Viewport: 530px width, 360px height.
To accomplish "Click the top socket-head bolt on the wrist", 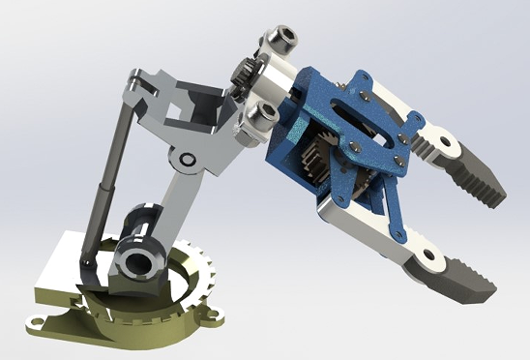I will click(x=280, y=39).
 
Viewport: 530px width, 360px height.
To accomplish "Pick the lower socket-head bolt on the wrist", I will click(x=257, y=117).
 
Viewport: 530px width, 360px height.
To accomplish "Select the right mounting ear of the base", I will click(x=207, y=311).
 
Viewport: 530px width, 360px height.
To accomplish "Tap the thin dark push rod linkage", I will click(x=108, y=174).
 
